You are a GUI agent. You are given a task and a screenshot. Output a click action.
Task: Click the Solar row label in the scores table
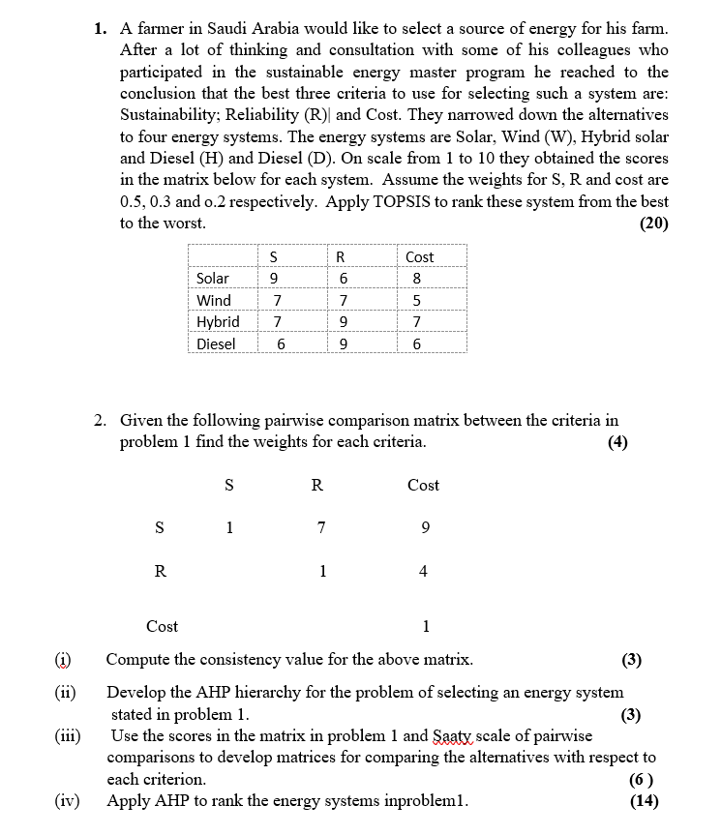tap(213, 279)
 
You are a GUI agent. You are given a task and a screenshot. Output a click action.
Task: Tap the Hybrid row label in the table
tap(218, 322)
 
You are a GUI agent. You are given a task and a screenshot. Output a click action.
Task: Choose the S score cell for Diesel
tap(281, 344)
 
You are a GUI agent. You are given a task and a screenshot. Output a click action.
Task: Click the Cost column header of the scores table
tap(419, 257)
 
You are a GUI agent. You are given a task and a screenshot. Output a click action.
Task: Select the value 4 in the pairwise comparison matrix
tap(424, 571)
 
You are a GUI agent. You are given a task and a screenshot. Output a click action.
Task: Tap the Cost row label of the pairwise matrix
tap(162, 626)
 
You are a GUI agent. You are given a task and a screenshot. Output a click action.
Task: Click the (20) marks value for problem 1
tap(654, 223)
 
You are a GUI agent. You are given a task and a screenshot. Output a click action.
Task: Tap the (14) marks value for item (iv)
tap(644, 800)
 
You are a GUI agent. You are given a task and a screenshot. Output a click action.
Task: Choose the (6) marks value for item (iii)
tap(641, 779)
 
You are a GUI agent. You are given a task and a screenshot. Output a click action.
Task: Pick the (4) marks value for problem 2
tap(616, 441)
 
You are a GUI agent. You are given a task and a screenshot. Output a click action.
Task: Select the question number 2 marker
tap(101, 420)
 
